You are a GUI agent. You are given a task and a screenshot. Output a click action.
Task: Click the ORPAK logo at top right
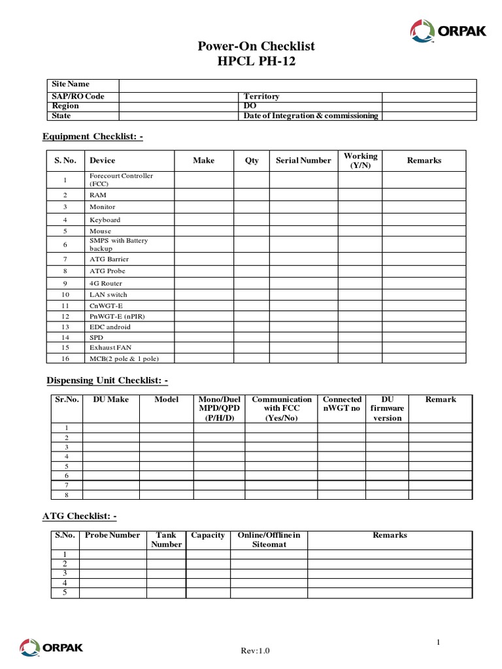coord(448,30)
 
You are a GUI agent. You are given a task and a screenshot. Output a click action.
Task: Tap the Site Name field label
coord(71,84)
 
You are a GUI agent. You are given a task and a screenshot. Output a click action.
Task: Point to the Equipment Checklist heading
coord(92,136)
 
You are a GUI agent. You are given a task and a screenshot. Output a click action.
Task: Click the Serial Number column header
coord(303,161)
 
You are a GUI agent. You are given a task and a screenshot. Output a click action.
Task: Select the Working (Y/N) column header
coord(360,161)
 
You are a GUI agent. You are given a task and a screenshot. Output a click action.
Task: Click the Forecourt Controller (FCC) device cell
coord(122,180)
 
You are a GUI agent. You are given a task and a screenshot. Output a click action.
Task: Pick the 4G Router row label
coord(106,284)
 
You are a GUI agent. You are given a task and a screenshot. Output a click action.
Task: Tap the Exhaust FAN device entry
coord(110,348)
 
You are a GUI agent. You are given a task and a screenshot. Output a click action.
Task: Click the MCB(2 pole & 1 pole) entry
coord(124,359)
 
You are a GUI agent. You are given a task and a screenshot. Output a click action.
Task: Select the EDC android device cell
coord(110,327)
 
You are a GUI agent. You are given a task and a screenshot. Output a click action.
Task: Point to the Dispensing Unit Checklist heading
coord(107,380)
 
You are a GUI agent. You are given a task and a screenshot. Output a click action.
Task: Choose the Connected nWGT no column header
coord(342,404)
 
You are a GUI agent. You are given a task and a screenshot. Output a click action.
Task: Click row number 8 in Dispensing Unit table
coord(66,495)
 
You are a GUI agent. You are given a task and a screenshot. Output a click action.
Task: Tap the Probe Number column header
coord(112,535)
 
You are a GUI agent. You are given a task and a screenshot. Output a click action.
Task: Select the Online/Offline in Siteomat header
coord(269,540)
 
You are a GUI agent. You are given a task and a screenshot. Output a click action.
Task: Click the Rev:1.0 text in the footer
coord(255,650)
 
